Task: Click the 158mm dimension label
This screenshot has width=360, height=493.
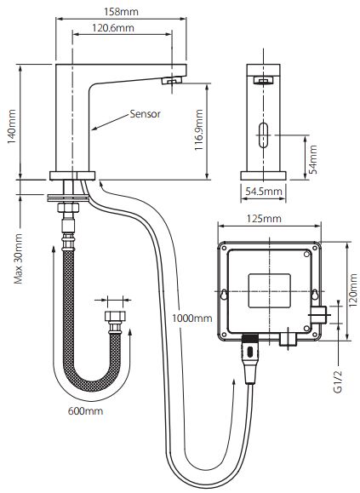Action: coord(121,12)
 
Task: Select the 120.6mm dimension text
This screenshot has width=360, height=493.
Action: coord(113,28)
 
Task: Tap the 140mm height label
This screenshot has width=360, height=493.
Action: coord(12,126)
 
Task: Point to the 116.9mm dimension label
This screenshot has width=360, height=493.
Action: coord(198,130)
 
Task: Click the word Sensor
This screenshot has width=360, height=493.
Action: coord(146,114)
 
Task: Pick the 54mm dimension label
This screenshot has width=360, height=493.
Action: coord(312,159)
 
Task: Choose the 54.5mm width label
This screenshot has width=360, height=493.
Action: coord(264,192)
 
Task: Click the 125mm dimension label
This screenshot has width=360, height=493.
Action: coord(264,218)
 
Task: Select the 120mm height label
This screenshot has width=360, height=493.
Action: coord(353,290)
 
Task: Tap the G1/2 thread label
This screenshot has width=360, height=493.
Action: coord(338,381)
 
